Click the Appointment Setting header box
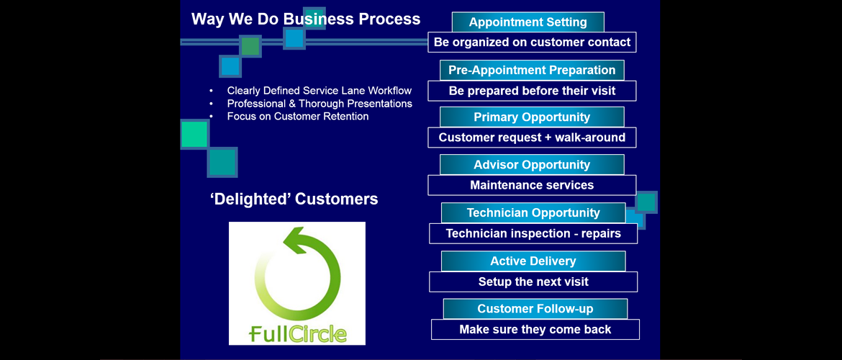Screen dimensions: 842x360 click(x=528, y=22)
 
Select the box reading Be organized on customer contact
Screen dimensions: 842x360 click(x=532, y=42)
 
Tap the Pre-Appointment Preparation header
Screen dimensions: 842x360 click(x=532, y=71)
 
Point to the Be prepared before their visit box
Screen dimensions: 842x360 click(x=532, y=91)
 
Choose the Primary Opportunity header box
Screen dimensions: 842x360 click(x=532, y=117)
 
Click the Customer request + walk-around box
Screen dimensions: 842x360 click(x=532, y=138)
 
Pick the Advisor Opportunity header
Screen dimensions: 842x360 click(x=532, y=165)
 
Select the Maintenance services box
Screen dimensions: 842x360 click(x=532, y=185)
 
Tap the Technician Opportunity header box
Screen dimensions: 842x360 click(x=533, y=213)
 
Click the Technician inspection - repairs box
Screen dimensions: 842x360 click(x=533, y=234)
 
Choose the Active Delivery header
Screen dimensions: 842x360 click(x=533, y=261)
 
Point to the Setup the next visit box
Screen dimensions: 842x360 click(x=533, y=282)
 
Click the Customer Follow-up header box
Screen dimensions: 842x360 click(x=535, y=309)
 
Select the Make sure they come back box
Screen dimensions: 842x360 click(x=535, y=329)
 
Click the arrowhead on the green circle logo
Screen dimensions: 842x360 click(x=293, y=240)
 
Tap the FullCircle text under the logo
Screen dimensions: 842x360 click(x=298, y=333)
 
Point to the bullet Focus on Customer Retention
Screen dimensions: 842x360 click(x=298, y=116)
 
